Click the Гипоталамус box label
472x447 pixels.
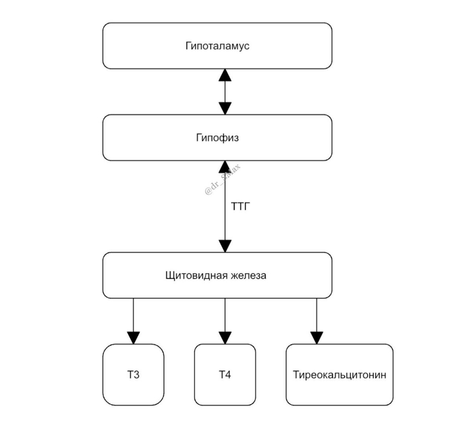pos(217,46)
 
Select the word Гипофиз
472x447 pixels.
pos(217,138)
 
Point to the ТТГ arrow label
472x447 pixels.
pos(240,206)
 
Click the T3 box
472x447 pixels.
pos(133,375)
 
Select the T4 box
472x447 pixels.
pos(225,375)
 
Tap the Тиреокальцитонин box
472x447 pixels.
pos(339,375)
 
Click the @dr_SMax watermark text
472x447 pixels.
pos(223,180)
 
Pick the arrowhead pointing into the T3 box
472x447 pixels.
pos(133,338)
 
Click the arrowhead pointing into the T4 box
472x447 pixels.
pos(225,338)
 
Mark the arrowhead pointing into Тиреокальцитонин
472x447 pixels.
pos(317,338)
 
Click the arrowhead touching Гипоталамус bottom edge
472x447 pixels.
pos(225,75)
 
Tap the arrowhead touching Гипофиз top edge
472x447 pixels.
pos(225,108)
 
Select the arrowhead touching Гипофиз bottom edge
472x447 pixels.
pos(225,167)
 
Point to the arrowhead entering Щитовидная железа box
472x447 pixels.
pos(225,246)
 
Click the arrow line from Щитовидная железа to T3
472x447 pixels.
pos(133,315)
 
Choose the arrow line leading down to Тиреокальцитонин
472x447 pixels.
pos(317,315)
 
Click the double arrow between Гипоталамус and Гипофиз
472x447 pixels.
pos(225,92)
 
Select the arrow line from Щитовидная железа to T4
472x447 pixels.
pos(225,315)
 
